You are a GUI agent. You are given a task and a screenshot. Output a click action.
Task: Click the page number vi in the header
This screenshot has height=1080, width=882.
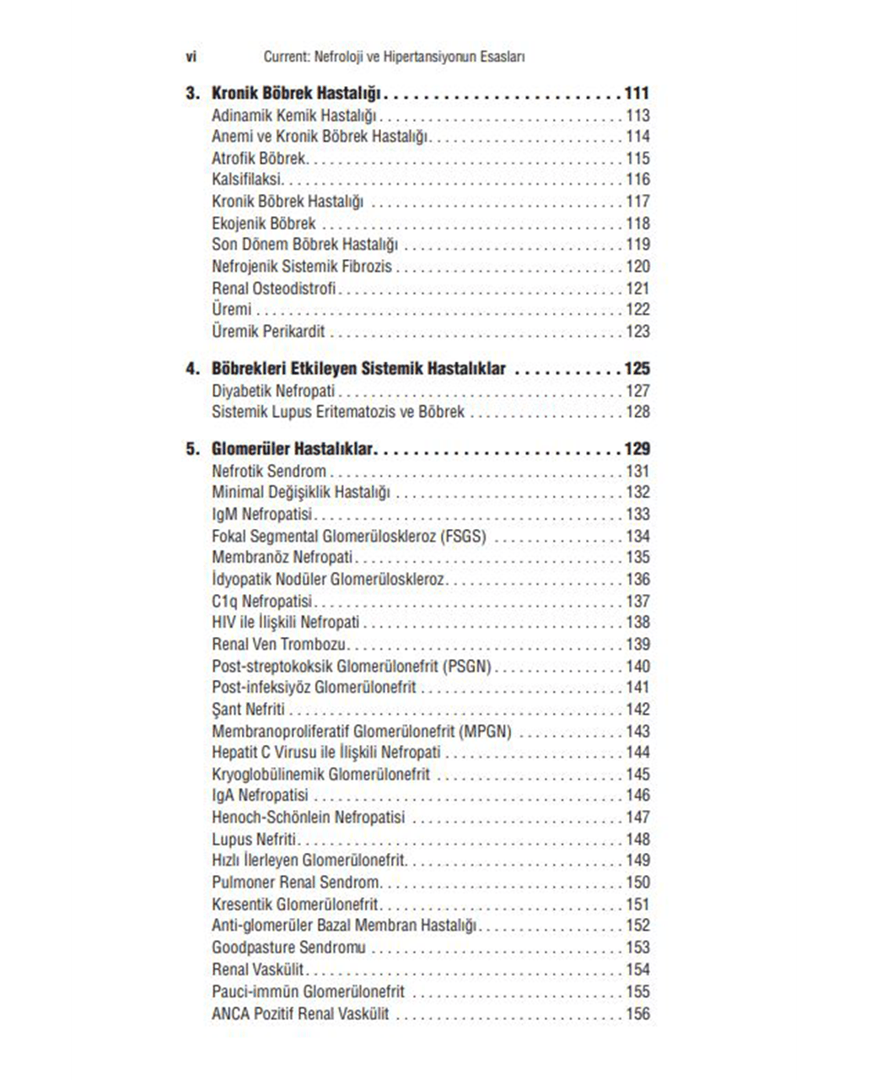191,57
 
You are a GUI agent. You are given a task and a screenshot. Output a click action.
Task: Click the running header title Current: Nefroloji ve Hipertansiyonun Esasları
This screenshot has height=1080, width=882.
394,57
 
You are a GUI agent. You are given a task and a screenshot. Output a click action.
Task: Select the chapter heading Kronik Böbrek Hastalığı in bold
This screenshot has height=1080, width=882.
296,94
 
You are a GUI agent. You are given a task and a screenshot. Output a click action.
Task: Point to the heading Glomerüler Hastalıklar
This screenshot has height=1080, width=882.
293,449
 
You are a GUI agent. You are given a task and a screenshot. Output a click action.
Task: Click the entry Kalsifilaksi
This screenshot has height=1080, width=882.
247,180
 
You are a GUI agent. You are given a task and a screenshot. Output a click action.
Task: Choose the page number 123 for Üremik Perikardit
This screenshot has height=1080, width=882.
637,332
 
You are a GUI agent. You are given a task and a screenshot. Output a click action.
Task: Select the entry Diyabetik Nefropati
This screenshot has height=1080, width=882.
273,391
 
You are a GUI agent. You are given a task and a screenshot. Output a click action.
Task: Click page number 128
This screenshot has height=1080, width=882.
637,412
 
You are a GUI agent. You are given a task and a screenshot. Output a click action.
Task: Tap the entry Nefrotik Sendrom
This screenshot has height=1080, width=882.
269,471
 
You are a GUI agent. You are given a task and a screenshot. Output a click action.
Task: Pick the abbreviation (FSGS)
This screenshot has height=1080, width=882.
463,536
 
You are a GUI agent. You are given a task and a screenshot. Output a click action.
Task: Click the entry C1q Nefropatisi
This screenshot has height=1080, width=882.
262,601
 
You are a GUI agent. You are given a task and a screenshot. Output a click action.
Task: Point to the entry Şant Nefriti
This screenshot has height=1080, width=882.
248,710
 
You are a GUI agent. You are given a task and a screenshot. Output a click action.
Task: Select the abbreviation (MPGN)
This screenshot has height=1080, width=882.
486,732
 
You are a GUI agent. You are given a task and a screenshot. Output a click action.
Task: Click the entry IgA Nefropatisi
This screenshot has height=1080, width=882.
260,796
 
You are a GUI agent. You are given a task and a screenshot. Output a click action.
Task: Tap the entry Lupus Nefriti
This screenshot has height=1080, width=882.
255,839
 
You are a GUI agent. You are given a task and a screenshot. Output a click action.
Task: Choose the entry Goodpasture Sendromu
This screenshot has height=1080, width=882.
288,948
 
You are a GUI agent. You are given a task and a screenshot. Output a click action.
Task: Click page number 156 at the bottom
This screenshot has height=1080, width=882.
637,1013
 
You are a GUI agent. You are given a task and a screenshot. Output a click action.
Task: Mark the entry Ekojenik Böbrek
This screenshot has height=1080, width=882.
263,224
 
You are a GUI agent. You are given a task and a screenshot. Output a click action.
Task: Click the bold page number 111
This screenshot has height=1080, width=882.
637,94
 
